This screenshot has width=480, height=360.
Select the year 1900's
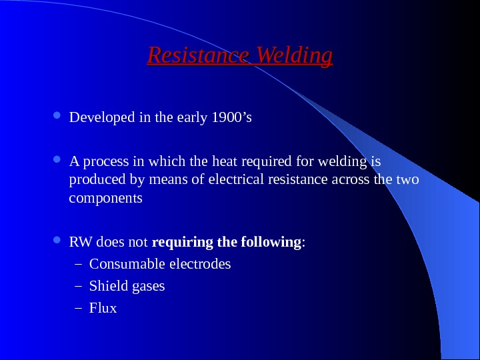[x=231, y=118]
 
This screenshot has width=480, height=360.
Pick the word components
[x=105, y=199]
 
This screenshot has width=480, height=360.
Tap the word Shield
[x=107, y=286]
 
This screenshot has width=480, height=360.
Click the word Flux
[x=103, y=308]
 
